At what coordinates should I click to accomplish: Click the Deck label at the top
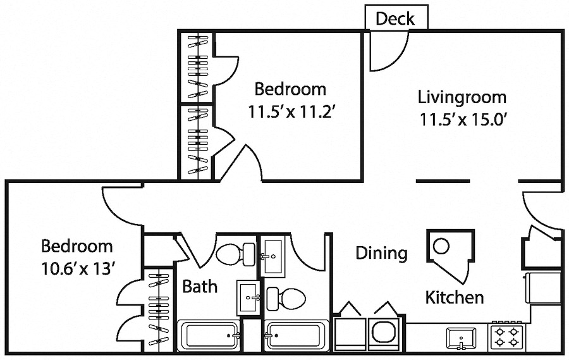396,19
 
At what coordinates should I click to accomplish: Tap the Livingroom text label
462,97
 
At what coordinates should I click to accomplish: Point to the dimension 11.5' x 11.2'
290,112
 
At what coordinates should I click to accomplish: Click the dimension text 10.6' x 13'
77,269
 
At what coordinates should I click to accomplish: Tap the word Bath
200,287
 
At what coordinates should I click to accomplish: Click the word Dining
381,254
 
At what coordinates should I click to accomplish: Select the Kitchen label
454,297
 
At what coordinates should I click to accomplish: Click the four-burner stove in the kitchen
508,336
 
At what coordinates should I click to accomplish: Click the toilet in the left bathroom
230,254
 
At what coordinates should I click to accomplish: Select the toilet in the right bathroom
287,297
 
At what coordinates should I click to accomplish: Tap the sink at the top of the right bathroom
275,256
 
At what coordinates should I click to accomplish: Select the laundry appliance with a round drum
383,332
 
